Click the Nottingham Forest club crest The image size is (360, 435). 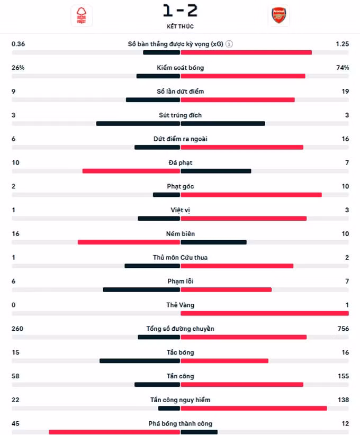click(x=82, y=16)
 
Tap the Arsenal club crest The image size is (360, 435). click(x=278, y=15)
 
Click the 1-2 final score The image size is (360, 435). click(x=180, y=11)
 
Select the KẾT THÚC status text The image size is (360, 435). click(x=180, y=26)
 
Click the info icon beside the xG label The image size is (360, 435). click(x=229, y=44)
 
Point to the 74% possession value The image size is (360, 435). click(x=343, y=68)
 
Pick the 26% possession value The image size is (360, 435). click(x=18, y=68)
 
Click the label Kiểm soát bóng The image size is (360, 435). click(x=180, y=68)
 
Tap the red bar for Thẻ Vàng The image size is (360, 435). click(x=265, y=313)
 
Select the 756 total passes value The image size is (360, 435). click(x=343, y=329)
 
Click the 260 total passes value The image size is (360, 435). click(x=17, y=329)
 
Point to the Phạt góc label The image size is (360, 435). click(x=180, y=186)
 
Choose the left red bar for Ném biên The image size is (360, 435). click(x=129, y=242)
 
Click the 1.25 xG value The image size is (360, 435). click(x=342, y=44)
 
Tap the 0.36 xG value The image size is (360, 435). click(x=18, y=44)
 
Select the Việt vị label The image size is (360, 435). click(x=180, y=210)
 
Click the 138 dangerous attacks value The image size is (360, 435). click(x=343, y=400)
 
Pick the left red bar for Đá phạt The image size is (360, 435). click(x=131, y=171)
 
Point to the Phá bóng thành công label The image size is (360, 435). click(x=180, y=424)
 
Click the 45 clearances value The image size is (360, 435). click(x=15, y=424)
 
